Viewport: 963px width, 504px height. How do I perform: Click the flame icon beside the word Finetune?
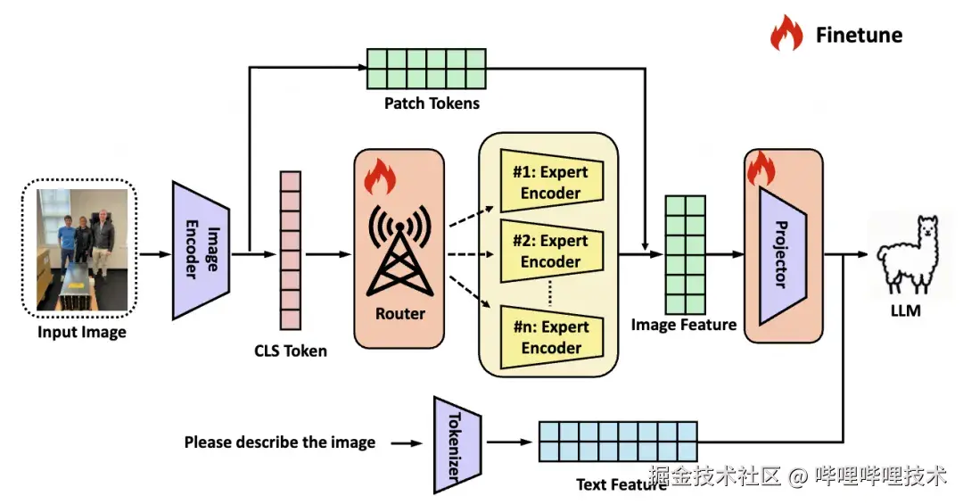coord(786,33)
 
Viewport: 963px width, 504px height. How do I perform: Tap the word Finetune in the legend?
coord(859,35)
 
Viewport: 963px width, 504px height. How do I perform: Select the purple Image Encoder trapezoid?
coord(201,250)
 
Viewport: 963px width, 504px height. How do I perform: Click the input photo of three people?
coord(82,250)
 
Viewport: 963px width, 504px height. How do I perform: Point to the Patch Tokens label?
coord(432,103)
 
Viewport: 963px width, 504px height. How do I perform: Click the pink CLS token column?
coord(291,251)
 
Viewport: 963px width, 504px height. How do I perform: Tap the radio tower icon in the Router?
coord(399,251)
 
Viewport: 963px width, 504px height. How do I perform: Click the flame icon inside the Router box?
coord(379,177)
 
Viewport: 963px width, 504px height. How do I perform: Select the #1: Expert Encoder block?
coord(552,181)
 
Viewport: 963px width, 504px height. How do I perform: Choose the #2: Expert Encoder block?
coord(552,251)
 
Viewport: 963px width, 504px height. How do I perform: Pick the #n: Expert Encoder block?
coord(552,337)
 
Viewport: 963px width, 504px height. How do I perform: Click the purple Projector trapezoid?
coord(783,255)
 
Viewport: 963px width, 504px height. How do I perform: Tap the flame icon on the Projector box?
coord(761,168)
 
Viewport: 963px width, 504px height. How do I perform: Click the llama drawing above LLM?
coord(907,255)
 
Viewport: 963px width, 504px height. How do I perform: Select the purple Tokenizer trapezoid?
coord(457,445)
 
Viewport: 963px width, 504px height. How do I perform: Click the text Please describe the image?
coord(279,442)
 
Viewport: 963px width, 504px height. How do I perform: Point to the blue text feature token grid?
coord(618,442)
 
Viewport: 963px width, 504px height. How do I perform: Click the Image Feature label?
coord(684,325)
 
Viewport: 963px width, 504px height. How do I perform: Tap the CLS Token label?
coord(291,351)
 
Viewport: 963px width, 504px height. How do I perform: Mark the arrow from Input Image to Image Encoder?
coord(155,254)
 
